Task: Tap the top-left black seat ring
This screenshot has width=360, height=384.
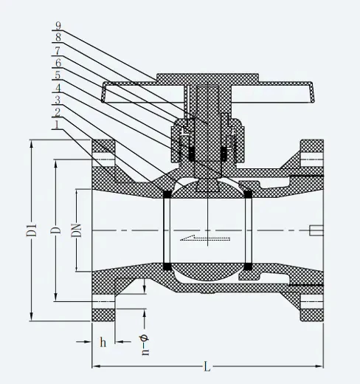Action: pos(167,194)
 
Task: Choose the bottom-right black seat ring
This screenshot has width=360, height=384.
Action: pos(249,266)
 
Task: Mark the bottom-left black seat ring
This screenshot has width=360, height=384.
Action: pos(167,266)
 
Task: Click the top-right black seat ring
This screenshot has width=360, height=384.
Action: pos(249,194)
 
